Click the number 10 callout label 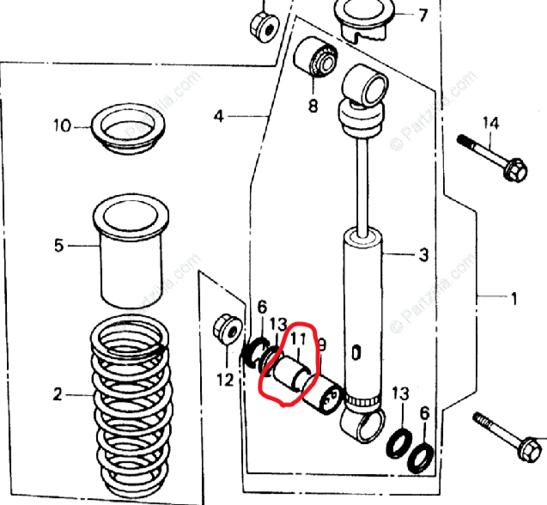63,126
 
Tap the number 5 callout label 58,246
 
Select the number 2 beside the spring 58,395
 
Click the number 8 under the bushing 313,106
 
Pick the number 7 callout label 422,15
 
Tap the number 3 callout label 423,254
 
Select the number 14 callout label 489,125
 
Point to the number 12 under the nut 225,379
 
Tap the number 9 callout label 323,344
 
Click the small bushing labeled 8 313,58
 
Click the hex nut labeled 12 228,329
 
